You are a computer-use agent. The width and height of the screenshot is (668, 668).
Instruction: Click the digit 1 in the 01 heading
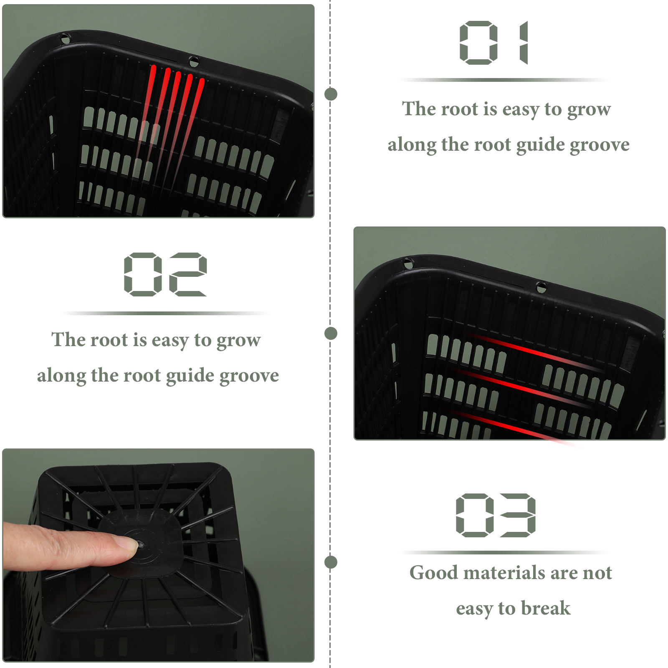[x=524, y=43]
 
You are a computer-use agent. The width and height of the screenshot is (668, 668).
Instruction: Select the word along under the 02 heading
[x=61, y=375]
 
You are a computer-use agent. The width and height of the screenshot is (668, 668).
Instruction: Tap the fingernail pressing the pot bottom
[x=127, y=543]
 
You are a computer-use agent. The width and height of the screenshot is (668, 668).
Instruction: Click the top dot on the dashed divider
[x=331, y=94]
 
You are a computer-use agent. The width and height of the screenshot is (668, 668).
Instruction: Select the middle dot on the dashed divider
[x=331, y=333]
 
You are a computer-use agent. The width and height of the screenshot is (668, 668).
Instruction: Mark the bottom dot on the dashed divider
[x=331, y=562]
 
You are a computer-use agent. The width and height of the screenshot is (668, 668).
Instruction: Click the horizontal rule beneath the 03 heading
[x=504, y=552]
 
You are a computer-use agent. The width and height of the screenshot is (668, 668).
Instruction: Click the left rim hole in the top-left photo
[x=66, y=39]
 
